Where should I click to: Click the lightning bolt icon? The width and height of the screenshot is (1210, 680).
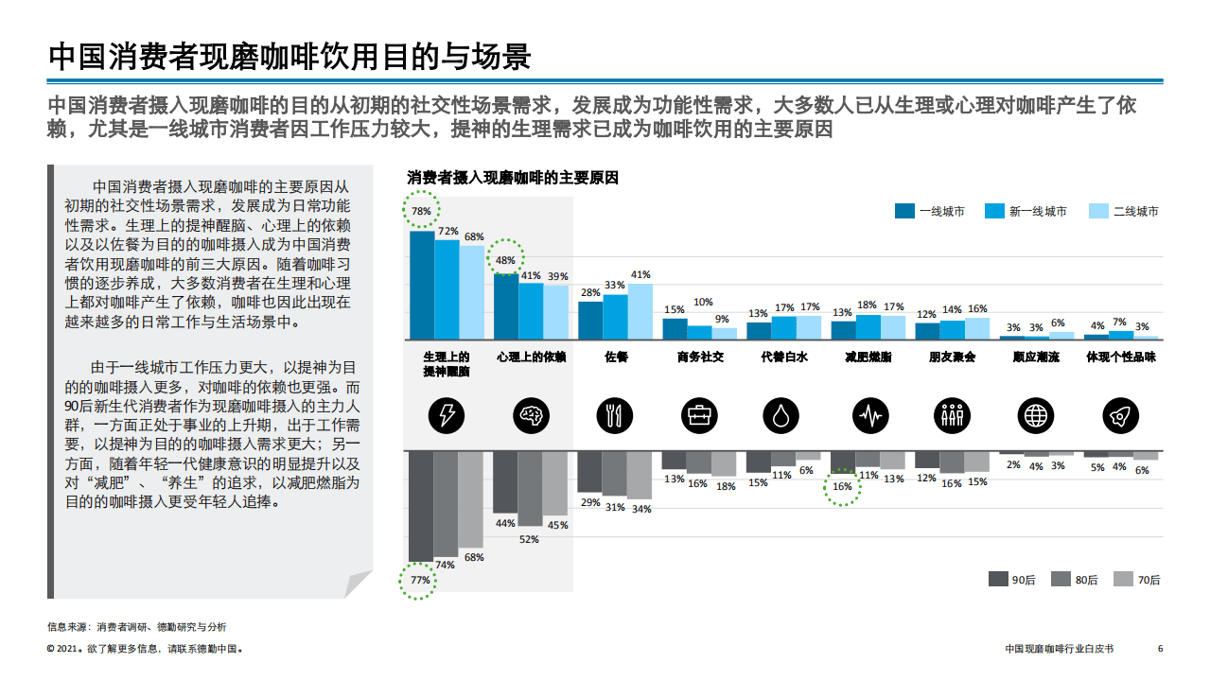click(447, 414)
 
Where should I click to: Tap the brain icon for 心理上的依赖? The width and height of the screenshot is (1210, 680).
click(531, 414)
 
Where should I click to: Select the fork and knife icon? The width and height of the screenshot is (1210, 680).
click(615, 414)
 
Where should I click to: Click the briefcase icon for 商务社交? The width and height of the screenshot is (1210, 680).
click(699, 414)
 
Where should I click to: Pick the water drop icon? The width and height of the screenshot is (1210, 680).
click(783, 414)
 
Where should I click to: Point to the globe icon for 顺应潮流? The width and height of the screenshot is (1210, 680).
click(1036, 414)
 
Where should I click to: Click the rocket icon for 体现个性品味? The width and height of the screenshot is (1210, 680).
click(1120, 414)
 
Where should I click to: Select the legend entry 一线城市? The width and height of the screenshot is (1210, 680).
click(930, 211)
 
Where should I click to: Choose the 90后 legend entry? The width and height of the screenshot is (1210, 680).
click(1010, 580)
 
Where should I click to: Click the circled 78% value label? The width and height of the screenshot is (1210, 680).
click(421, 211)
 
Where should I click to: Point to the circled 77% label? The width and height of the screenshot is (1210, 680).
click(420, 580)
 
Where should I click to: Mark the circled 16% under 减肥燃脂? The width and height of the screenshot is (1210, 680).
click(842, 486)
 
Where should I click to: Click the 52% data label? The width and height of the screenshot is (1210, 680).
click(529, 539)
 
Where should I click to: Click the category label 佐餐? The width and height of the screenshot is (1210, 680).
click(615, 357)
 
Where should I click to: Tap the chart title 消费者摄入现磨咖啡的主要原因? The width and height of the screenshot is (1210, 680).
click(512, 177)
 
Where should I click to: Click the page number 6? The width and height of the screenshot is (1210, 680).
click(1160, 649)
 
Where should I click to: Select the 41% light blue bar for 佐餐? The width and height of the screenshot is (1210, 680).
click(640, 311)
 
